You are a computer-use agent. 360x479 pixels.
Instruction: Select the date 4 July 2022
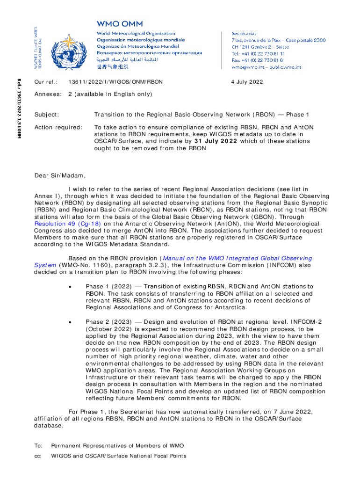tap(247, 82)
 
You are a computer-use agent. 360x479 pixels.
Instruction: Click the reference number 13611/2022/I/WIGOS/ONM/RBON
tap(115, 82)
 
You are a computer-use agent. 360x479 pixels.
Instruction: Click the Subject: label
tap(47, 115)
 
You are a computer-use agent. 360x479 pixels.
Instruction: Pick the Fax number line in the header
tap(258, 60)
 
